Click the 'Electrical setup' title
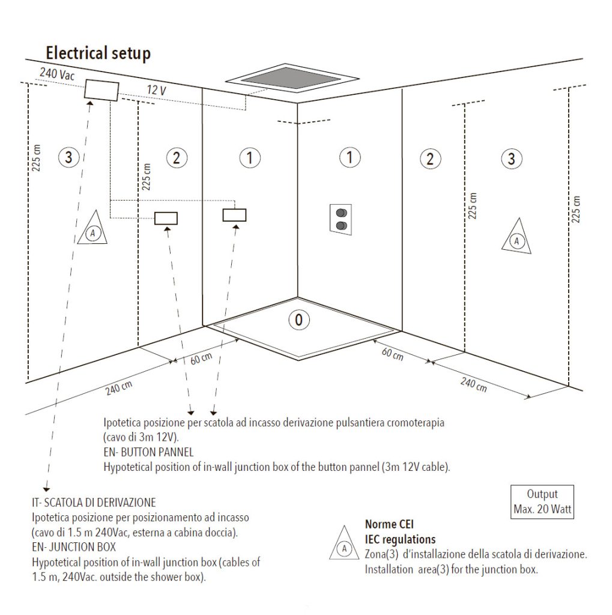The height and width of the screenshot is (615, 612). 98,53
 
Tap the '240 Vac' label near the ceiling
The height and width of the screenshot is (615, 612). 57,74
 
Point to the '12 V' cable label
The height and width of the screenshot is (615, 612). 157,90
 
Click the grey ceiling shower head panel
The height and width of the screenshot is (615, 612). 291,77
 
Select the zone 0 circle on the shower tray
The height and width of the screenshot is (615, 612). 299,320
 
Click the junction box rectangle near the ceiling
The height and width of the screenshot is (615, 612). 101,90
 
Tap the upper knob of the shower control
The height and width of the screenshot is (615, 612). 341,213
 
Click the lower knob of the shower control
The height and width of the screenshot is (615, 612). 341,226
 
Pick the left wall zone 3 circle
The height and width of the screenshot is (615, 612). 68,157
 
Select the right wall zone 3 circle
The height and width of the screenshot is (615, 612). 512,159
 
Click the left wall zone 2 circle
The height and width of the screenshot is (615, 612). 177,158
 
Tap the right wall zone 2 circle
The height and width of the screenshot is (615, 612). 431,159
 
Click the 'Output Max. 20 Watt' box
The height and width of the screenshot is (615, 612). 542,501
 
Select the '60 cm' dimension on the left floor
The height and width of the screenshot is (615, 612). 201,359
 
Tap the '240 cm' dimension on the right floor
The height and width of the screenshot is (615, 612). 473,385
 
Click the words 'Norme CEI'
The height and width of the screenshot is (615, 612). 389,524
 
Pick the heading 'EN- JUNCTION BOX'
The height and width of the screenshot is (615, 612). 74,547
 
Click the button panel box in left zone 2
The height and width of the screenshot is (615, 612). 166,219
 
